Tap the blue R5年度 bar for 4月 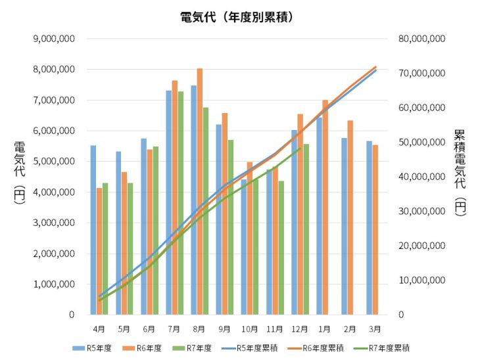coord(93,230)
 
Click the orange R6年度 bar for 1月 coord(325,207)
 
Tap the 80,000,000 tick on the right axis coord(422,39)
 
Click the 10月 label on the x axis coord(249,328)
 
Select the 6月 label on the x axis coord(149,328)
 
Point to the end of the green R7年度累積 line coord(300,148)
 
